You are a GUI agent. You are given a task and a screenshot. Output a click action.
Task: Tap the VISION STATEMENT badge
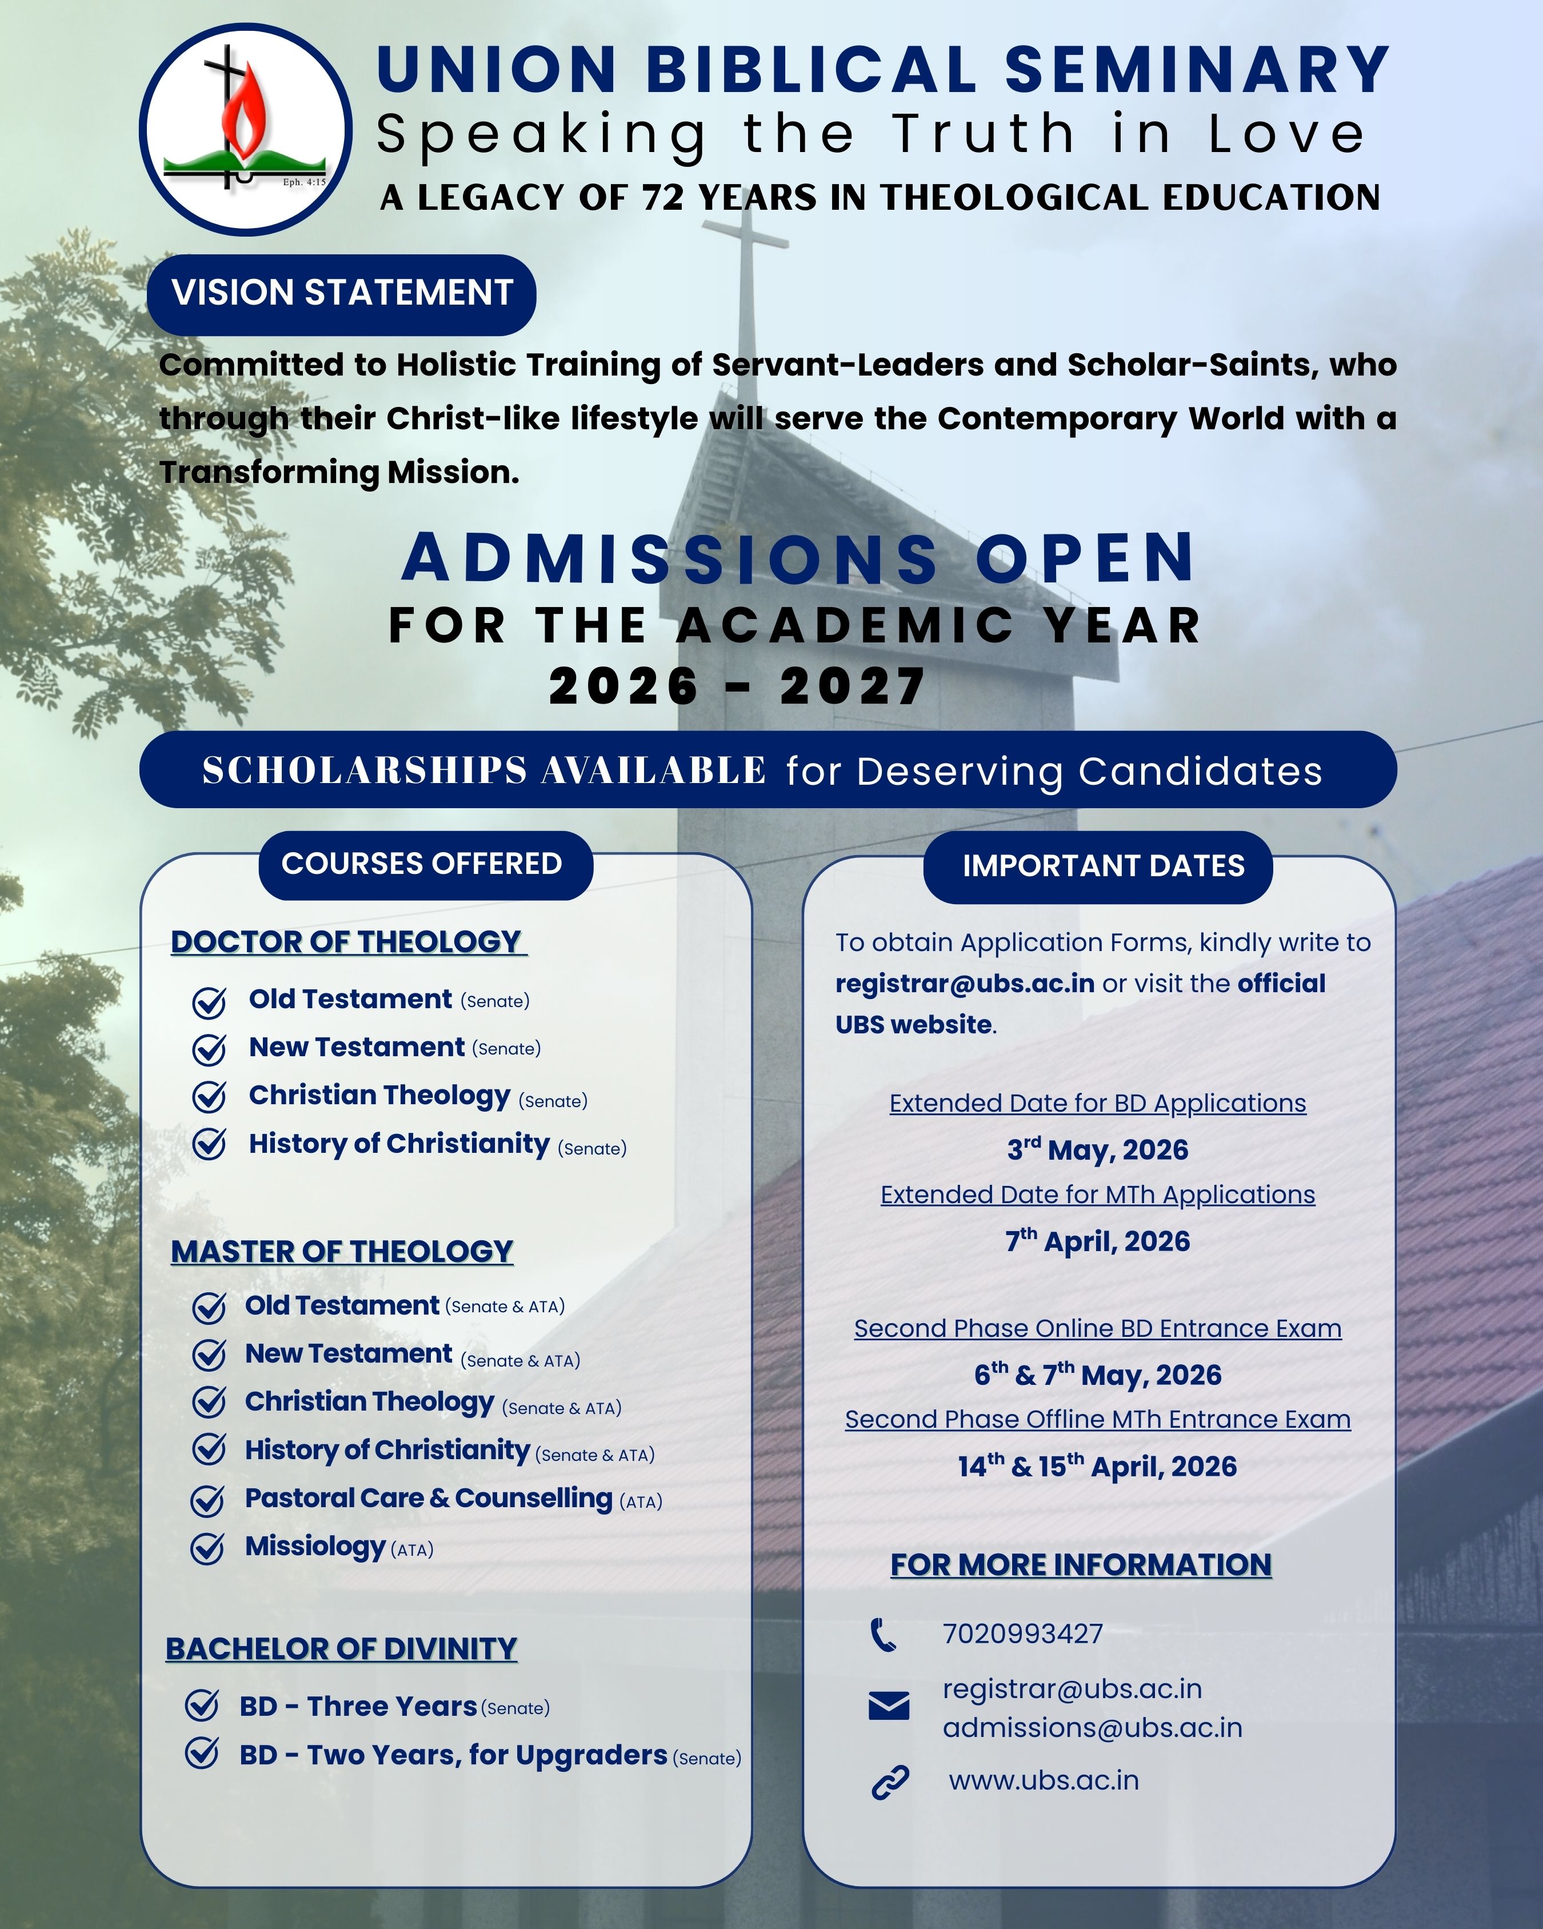coord(342,293)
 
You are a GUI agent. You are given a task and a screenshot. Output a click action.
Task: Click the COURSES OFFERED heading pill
coord(422,864)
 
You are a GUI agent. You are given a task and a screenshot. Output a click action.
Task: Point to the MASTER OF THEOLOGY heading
coord(342,1252)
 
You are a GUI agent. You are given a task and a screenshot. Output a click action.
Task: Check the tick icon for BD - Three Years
coord(202,1706)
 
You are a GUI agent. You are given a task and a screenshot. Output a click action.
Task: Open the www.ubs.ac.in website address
coord(1044,1780)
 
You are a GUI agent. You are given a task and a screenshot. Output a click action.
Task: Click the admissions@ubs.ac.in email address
coord(1092,1728)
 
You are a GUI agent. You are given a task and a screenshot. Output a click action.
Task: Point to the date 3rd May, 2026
coord(1098,1150)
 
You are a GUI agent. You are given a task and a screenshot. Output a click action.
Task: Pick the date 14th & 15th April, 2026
coord(1098,1467)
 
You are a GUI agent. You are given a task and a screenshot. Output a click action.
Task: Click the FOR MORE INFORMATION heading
coord(1081,1565)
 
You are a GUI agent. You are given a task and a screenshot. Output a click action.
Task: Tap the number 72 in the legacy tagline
coord(663,198)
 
